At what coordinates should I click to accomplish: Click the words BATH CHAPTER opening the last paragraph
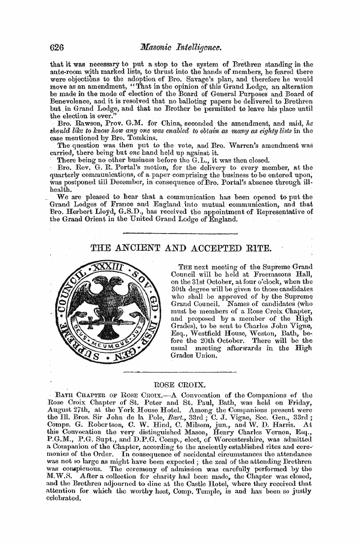(x=83, y=394)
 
